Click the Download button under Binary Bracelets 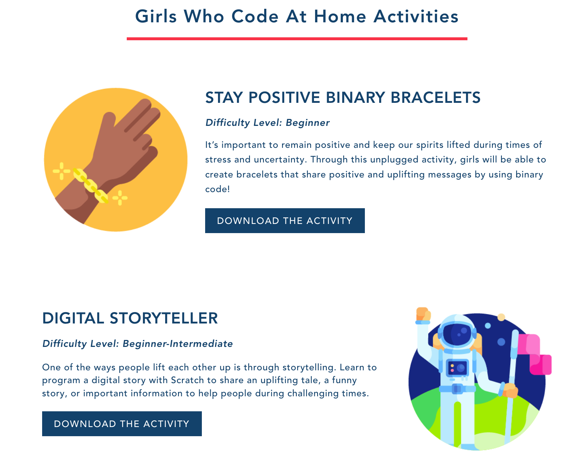pos(285,220)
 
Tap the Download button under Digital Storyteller pos(122,423)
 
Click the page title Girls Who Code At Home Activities pos(297,16)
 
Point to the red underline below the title pos(297,39)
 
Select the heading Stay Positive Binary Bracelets pos(343,97)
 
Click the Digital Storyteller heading pos(130,318)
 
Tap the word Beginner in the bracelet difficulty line pos(308,123)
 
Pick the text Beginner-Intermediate pos(178,344)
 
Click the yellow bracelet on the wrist pos(90,186)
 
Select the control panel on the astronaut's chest pos(457,367)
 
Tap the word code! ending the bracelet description pos(217,189)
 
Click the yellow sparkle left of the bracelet pos(62,171)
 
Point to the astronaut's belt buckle pos(457,389)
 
